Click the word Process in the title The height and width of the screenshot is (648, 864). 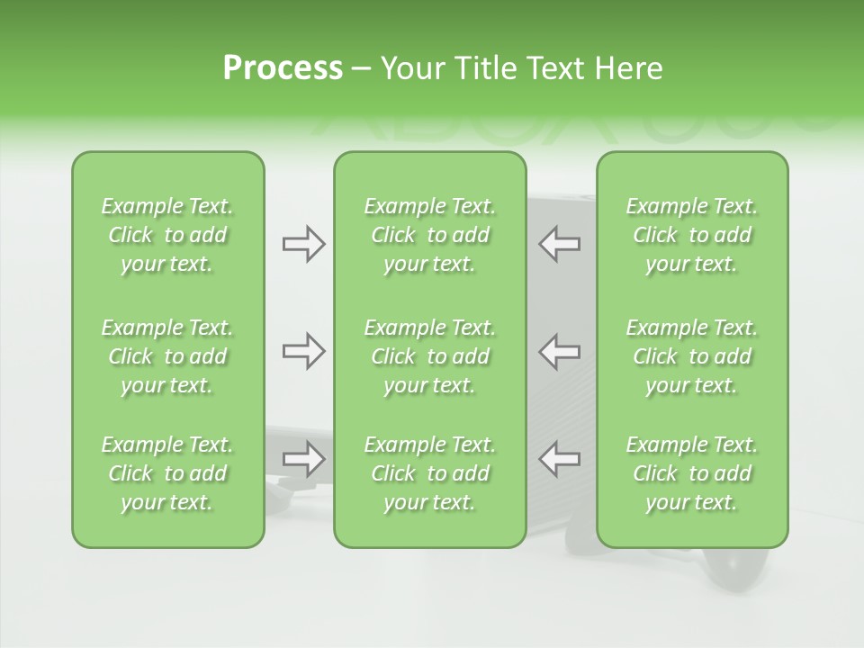click(x=283, y=68)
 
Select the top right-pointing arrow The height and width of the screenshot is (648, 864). click(x=304, y=244)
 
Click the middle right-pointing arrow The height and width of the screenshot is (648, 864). click(x=304, y=351)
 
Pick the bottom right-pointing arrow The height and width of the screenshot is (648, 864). click(x=304, y=459)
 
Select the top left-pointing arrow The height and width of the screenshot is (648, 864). click(x=559, y=244)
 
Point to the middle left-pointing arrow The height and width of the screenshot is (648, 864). click(x=559, y=351)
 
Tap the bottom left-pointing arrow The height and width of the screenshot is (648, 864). click(x=559, y=459)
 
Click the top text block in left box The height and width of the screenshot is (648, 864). click(x=167, y=235)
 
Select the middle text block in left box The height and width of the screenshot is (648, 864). click(x=167, y=356)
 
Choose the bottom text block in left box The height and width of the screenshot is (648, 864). click(x=167, y=473)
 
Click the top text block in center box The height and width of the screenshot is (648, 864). click(x=429, y=235)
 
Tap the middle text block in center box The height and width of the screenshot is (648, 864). click(x=429, y=356)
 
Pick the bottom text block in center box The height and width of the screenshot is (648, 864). click(x=429, y=473)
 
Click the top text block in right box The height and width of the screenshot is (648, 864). click(x=691, y=235)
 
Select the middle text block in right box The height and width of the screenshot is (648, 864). click(x=691, y=356)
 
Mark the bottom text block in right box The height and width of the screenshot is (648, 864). click(x=691, y=473)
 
